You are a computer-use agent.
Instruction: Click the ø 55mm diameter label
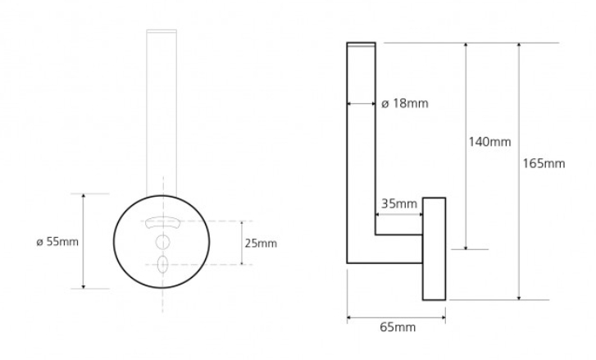click(57, 241)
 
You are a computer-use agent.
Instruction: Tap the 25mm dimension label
click(261, 243)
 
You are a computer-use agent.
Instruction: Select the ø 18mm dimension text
click(405, 103)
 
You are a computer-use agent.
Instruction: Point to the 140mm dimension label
click(489, 142)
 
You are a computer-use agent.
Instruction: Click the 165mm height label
click(544, 163)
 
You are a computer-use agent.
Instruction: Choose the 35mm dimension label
click(399, 203)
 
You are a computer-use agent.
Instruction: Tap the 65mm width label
click(398, 327)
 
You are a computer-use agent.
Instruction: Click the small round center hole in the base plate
click(163, 242)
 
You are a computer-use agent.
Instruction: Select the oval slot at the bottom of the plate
click(163, 264)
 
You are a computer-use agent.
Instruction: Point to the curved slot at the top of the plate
click(163, 221)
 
